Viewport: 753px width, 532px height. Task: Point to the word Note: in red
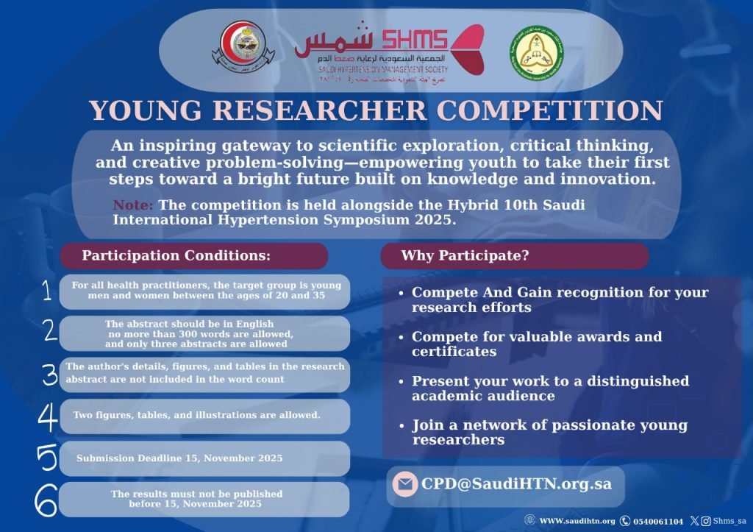coord(133,205)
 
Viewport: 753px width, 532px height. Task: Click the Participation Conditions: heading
coord(176,256)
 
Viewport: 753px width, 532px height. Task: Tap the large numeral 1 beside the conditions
coord(46,292)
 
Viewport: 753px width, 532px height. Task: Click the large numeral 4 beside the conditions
coord(48,416)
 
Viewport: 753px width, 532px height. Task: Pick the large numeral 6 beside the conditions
coord(46,500)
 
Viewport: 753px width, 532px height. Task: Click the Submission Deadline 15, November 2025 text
coord(179,458)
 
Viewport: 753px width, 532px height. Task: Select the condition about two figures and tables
coord(196,416)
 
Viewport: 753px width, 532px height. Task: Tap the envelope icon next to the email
coord(404,485)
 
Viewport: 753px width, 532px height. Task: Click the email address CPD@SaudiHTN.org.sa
coord(516,484)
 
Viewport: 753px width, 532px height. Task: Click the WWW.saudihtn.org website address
coord(577,521)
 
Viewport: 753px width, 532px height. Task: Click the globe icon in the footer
coord(529,520)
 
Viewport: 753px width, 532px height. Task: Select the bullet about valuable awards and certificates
coord(537,344)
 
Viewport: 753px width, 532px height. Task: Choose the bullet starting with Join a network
coord(549,433)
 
